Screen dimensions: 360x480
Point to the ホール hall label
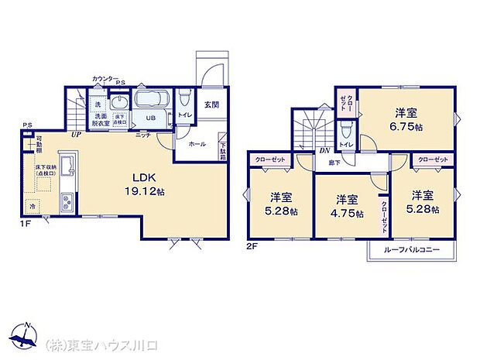[x=196, y=144]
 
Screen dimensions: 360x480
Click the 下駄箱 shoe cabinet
[x=223, y=149]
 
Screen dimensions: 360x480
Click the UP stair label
[x=76, y=135]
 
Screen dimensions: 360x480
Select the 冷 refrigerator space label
[x=33, y=207]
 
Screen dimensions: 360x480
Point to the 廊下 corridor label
[x=333, y=163]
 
